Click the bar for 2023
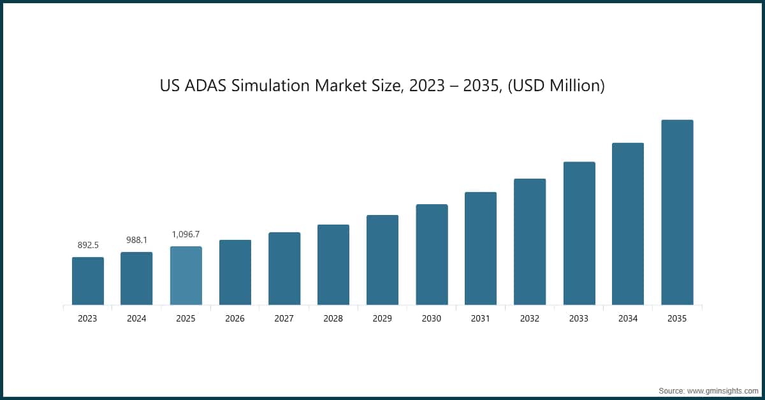87,281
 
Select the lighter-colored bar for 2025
186,276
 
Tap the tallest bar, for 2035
677,212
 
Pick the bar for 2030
432,255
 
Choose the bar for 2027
284,269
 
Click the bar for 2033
579,233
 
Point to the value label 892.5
87,245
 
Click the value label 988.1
136,240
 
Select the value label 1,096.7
186,234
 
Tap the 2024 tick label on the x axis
136,318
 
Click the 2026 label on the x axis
235,318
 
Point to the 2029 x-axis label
382,318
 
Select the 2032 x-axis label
530,318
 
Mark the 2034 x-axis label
628,318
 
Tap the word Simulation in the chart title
276,85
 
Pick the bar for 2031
481,248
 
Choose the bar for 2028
333,265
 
